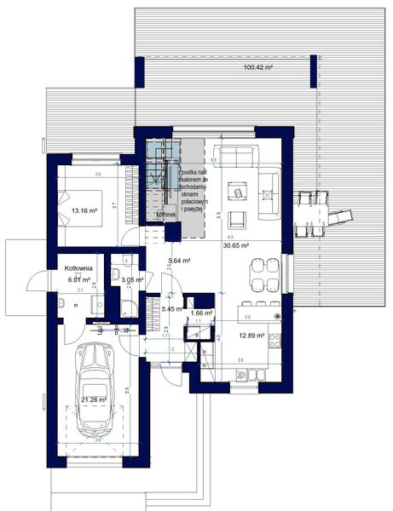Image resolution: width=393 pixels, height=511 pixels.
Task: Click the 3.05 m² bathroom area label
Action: [x=132, y=279]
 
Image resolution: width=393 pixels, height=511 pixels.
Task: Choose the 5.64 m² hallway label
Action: [x=178, y=262]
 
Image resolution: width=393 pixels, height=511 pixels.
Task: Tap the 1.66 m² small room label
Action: [x=202, y=313]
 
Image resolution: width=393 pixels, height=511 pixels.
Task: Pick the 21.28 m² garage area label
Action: [x=94, y=399]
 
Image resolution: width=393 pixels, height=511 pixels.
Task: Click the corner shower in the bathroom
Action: [x=125, y=311]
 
